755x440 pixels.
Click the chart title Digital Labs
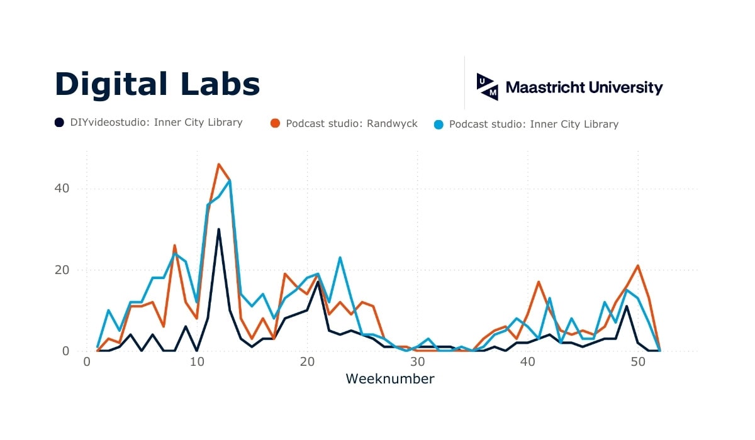157,84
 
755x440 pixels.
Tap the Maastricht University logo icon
488,87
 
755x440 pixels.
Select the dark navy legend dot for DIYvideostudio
59,123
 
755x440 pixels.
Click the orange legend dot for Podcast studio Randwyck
275,124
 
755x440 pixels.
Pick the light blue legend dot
439,124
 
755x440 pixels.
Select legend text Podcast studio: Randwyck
351,124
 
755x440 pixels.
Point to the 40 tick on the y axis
61,189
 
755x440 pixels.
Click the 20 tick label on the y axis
61,270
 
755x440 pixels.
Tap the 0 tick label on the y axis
65,351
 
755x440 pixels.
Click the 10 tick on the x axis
197,362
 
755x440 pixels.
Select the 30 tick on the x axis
417,362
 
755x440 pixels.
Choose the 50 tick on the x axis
637,362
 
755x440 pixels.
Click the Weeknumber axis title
389,379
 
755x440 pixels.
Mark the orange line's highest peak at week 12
219,164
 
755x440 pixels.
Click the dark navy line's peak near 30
219,229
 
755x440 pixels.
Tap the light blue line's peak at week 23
340,258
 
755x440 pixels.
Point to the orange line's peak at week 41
539,282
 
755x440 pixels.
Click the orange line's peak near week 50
638,266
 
